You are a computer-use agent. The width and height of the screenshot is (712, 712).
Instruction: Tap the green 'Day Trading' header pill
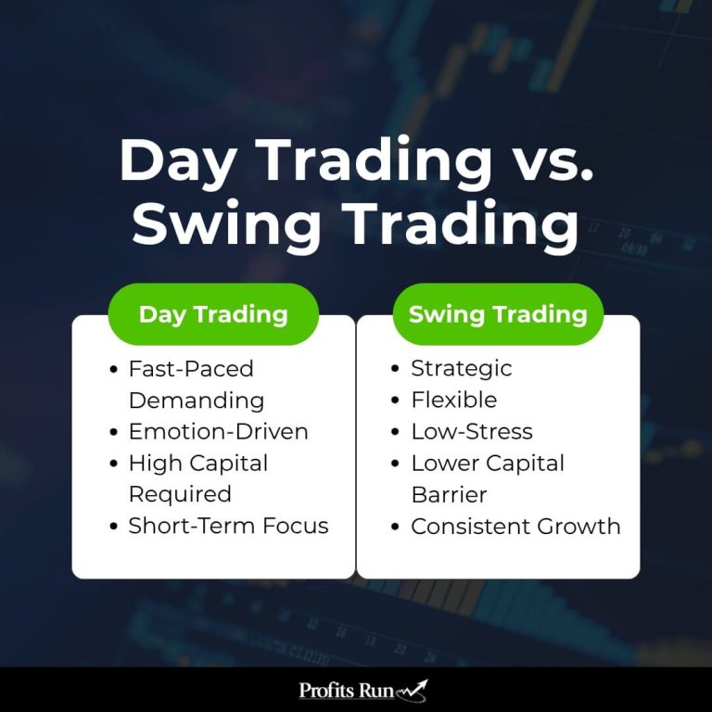pos(213,314)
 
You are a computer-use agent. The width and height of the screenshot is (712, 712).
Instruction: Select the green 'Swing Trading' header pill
pos(498,314)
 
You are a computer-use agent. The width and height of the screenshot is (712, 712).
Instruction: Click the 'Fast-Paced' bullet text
pos(191,369)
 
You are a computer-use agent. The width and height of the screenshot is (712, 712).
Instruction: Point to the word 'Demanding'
pos(196,400)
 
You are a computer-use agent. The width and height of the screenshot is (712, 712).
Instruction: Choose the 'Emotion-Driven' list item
pos(218,432)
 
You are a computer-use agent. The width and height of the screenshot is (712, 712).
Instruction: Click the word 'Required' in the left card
pos(180,494)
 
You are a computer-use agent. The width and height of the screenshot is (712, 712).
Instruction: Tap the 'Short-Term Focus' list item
pos(228,526)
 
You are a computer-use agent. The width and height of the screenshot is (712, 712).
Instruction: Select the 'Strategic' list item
pos(461,369)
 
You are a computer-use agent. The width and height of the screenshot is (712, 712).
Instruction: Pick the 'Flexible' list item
pos(453,400)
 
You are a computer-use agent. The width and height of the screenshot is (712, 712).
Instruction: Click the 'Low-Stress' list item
pos(471,432)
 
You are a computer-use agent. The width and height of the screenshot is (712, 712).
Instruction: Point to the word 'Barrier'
pos(449,494)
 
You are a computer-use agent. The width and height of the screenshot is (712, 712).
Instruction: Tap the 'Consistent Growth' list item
pos(515,526)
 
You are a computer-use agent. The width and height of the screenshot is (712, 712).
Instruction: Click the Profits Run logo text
pos(346,691)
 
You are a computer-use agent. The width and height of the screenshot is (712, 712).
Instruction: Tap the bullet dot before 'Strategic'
pos(396,370)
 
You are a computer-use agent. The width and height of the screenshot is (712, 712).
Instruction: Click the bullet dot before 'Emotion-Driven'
pos(113,433)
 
